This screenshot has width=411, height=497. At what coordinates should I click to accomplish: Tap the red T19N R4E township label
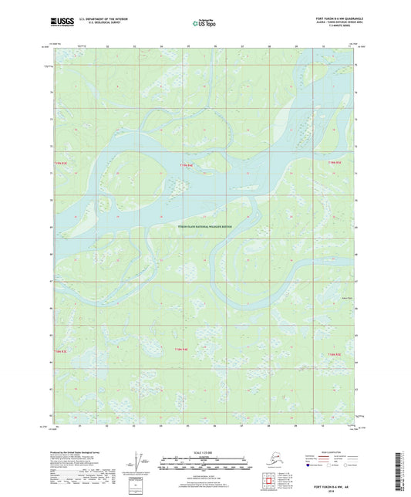click(x=184, y=165)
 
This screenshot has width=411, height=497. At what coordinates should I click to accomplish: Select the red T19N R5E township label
click(x=334, y=163)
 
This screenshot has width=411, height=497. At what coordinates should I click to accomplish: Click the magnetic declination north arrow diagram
click(x=139, y=463)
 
